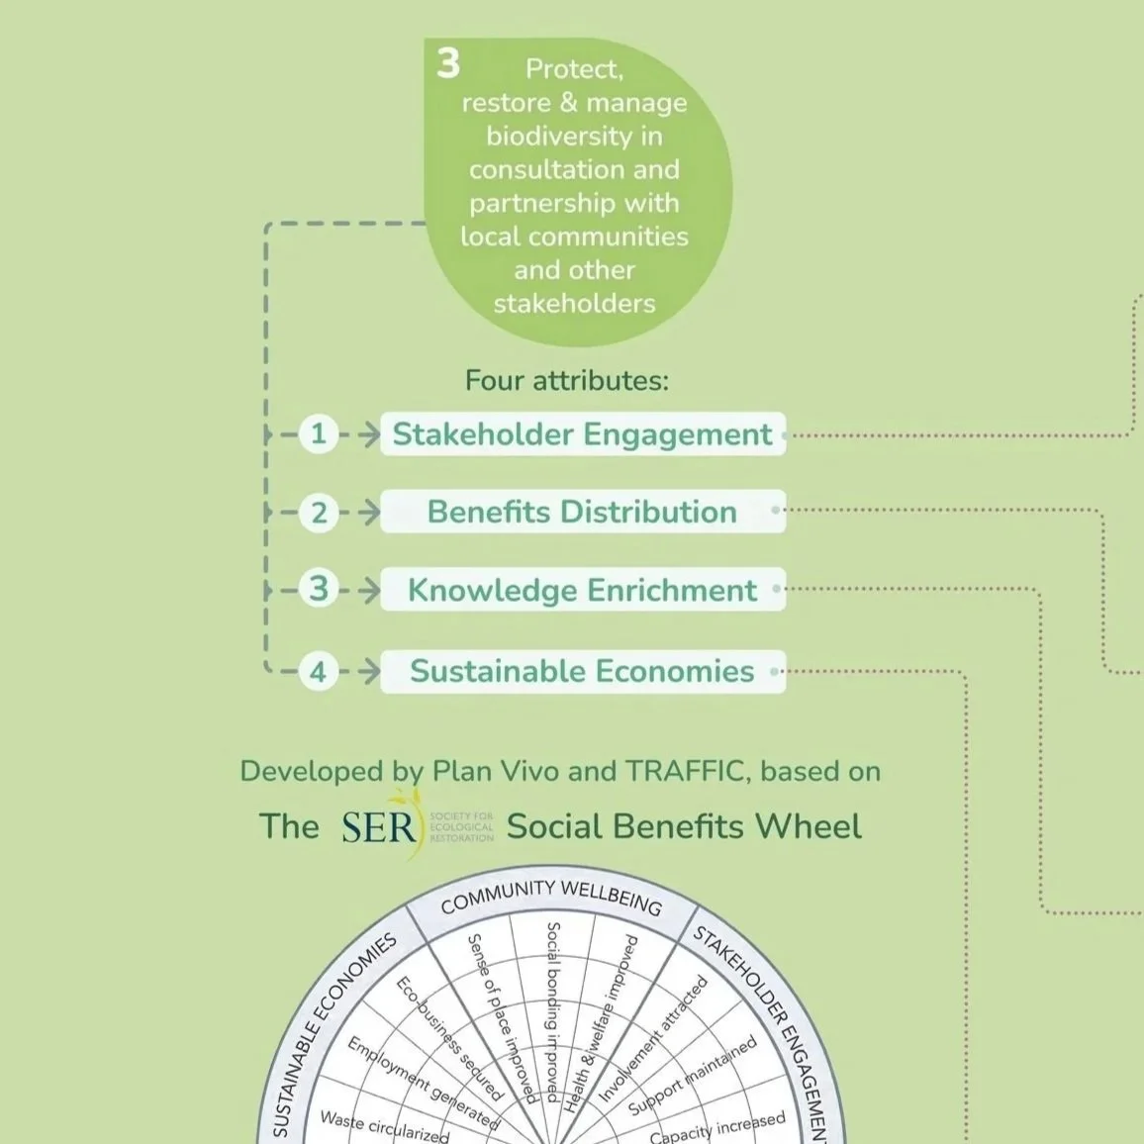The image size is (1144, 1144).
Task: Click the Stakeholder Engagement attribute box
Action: [582, 434]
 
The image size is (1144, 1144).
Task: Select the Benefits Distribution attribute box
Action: [582, 512]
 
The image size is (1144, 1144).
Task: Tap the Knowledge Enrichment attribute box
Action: [582, 590]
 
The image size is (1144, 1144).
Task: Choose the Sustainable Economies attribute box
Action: [582, 671]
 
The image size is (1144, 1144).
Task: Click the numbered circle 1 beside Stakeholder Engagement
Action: [318, 433]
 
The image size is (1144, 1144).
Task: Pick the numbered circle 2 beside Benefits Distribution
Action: [319, 513]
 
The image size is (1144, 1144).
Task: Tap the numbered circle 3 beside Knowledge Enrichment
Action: [319, 589]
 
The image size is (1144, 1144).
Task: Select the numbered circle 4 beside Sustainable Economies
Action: [318, 672]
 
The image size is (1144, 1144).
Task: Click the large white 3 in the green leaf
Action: [448, 64]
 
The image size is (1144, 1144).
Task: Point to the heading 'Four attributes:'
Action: [567, 381]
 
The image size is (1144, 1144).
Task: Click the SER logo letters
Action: [378, 827]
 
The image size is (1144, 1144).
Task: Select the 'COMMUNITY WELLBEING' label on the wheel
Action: [550, 895]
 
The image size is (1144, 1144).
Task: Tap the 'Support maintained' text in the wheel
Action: [693, 1076]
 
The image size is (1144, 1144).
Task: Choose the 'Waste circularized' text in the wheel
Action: [384, 1125]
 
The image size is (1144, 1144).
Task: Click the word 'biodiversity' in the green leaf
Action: [574, 136]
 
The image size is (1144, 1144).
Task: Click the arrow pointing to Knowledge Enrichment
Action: [367, 591]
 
